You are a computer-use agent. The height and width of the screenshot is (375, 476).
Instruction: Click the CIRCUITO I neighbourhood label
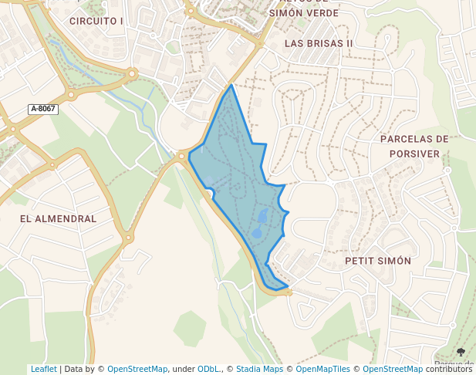pyautogui.click(x=96, y=21)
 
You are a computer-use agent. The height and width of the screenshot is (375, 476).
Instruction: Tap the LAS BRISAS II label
pyautogui.click(x=319, y=43)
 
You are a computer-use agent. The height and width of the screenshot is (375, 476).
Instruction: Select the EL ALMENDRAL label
pyautogui.click(x=59, y=219)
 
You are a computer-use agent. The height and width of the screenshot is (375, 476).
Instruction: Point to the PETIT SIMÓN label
pyautogui.click(x=378, y=261)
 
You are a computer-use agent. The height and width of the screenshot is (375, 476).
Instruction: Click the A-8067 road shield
pyautogui.click(x=42, y=109)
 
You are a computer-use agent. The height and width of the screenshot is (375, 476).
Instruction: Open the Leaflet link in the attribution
pyautogui.click(x=43, y=370)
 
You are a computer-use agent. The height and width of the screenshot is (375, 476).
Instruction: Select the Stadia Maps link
pyautogui.click(x=259, y=370)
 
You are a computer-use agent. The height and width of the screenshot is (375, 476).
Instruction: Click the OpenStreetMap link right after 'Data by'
pyautogui.click(x=137, y=370)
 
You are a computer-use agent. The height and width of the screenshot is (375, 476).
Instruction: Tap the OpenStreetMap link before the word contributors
pyautogui.click(x=393, y=370)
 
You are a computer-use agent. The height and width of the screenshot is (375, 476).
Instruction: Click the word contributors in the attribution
pyautogui.click(x=449, y=370)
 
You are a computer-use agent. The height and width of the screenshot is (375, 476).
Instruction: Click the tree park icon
pyautogui.click(x=461, y=353)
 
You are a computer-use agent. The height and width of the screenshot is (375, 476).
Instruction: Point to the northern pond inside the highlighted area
pyautogui.click(x=262, y=215)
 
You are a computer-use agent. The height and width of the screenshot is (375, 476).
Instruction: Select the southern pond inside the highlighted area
pyautogui.click(x=257, y=232)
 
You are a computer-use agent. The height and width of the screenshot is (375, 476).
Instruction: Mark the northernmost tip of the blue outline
pyautogui.click(x=231, y=85)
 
